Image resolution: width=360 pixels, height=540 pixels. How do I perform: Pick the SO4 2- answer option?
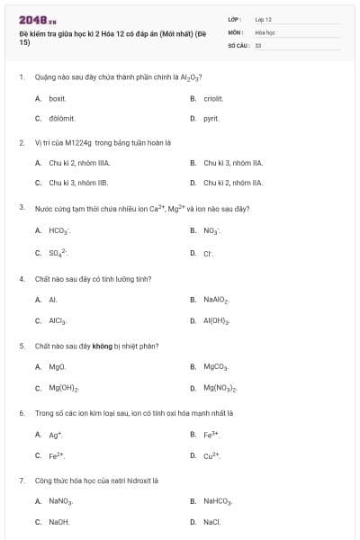tap(58, 253)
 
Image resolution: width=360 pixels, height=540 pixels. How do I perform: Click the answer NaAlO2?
tap(216, 300)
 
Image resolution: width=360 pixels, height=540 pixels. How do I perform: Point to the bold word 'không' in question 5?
tap(102, 346)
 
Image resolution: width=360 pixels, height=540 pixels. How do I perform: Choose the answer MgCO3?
tap(216, 367)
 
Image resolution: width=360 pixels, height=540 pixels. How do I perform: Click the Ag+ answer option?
tap(55, 435)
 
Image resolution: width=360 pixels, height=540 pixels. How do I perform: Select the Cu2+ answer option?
tap(211, 455)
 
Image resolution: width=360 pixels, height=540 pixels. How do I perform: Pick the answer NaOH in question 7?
tap(59, 522)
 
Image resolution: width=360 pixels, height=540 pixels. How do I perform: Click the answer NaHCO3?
tap(218, 501)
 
